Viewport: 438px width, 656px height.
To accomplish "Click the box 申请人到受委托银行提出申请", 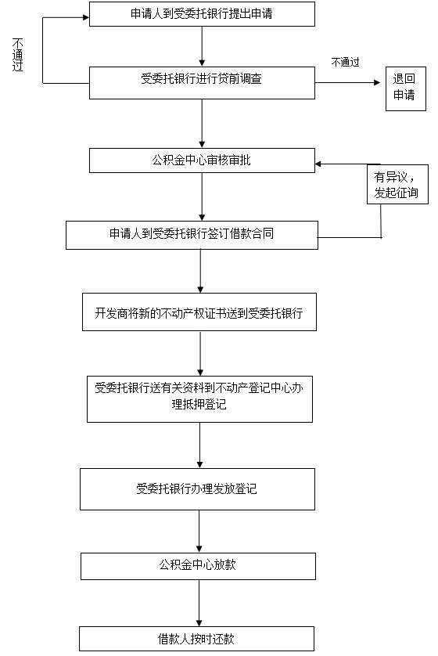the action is [202, 14].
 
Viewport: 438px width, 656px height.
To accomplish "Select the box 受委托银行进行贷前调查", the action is [202, 83].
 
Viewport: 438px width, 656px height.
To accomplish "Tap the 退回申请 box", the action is [405, 88].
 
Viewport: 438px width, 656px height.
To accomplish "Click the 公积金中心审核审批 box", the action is [202, 160].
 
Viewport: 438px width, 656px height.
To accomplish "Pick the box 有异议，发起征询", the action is [397, 185].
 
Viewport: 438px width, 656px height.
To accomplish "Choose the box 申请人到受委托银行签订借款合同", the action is [192, 235].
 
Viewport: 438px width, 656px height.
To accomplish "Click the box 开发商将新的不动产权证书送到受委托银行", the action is [199, 312].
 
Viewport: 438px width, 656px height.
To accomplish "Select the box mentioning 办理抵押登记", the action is [199, 399].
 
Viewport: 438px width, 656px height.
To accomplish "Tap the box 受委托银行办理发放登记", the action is [197, 489].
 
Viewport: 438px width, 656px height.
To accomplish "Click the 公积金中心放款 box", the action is [198, 566].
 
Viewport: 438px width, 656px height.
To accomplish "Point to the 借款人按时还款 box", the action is [196, 639].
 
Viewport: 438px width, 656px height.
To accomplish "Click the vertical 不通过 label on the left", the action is [17, 55].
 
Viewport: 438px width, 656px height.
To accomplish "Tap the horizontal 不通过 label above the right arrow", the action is [345, 63].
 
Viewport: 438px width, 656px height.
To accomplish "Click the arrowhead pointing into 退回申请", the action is [378, 83].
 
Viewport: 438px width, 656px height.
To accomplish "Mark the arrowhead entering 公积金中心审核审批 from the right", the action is [318, 164].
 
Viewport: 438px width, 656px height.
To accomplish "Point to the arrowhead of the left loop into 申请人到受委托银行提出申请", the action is [87, 17].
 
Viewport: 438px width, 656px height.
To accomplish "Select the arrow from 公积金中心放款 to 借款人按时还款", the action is [199, 603].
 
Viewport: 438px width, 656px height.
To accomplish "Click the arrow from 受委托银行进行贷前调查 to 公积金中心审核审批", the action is [202, 124].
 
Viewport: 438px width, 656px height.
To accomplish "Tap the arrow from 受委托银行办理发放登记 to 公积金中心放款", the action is [199, 532].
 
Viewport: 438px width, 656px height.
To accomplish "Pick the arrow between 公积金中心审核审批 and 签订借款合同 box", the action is [202, 196].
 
